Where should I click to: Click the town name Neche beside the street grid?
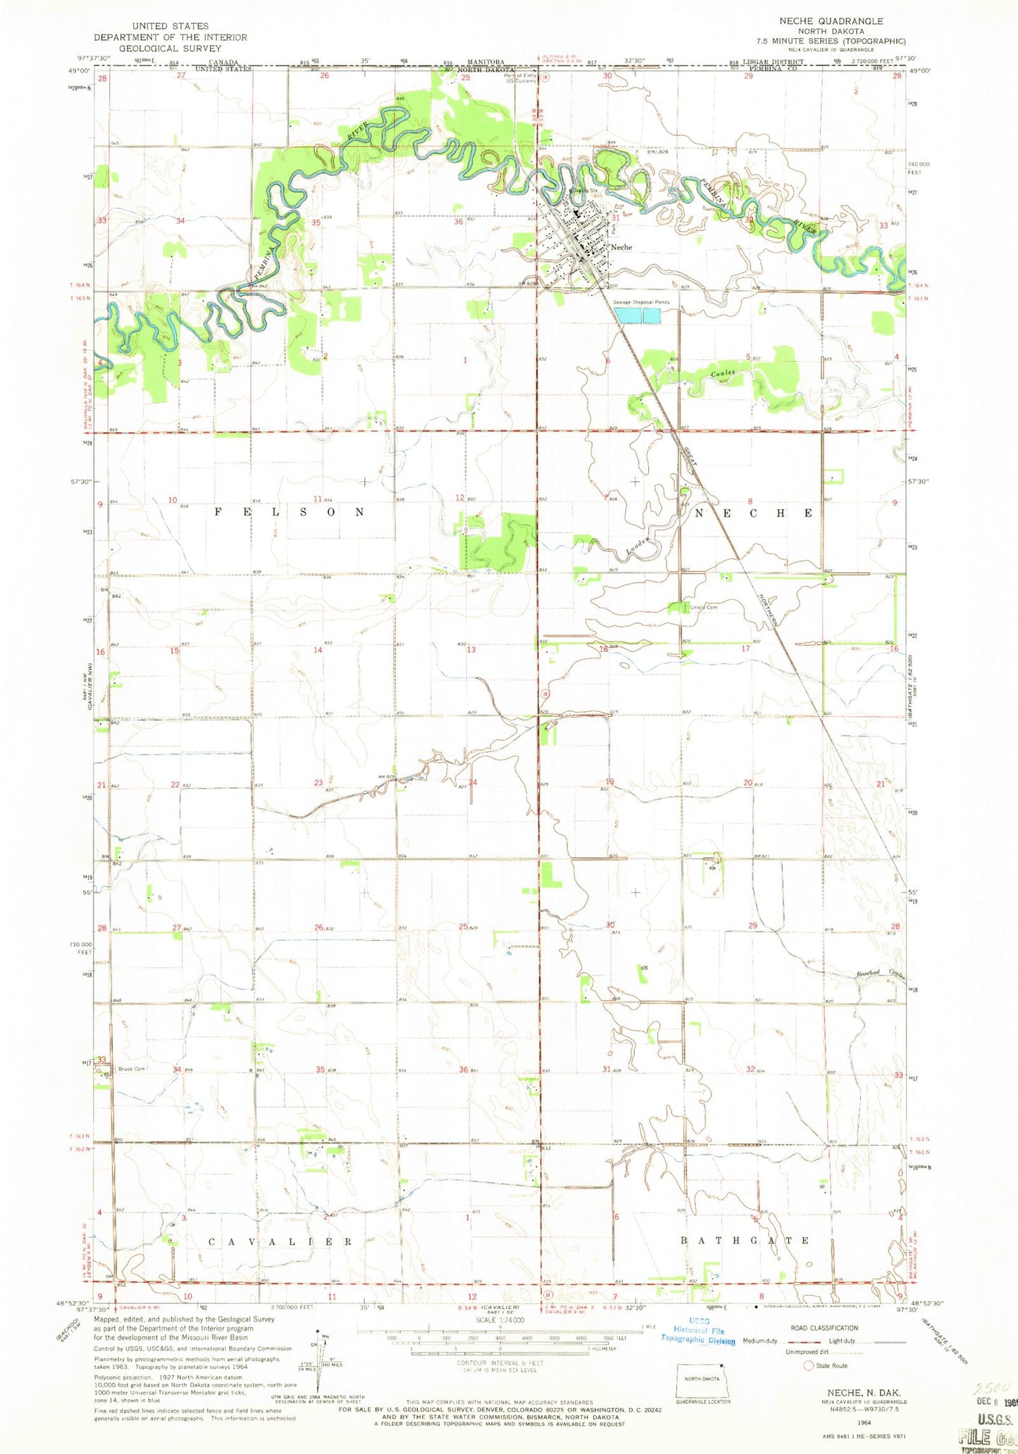point(621,247)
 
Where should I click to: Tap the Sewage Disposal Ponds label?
point(641,302)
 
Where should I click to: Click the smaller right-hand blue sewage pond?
point(652,316)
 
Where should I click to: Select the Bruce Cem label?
point(132,1069)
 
